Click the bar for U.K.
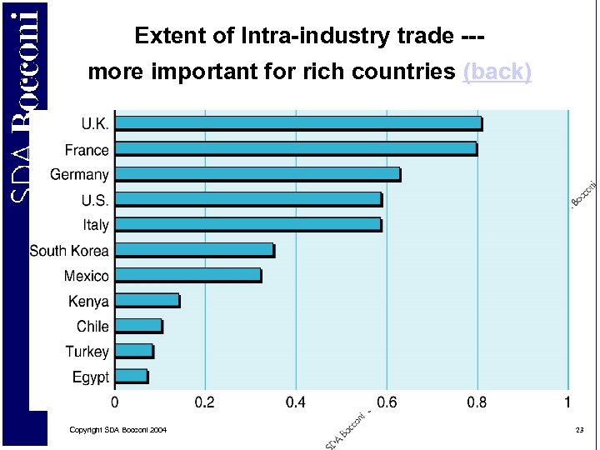point(297,123)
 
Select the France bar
point(295,149)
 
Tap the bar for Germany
point(257,174)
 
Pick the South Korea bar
point(194,250)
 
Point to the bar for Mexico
point(187,275)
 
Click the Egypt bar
point(131,377)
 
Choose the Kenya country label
point(88,301)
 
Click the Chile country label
point(92,326)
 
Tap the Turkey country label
point(87,352)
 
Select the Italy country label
point(96,225)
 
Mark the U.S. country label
point(94,200)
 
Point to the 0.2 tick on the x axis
point(204,402)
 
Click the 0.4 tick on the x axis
point(295,402)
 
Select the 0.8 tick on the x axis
point(477,402)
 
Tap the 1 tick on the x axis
point(567,402)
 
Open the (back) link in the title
point(497,72)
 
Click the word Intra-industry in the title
point(289,37)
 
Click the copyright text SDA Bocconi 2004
point(117,429)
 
